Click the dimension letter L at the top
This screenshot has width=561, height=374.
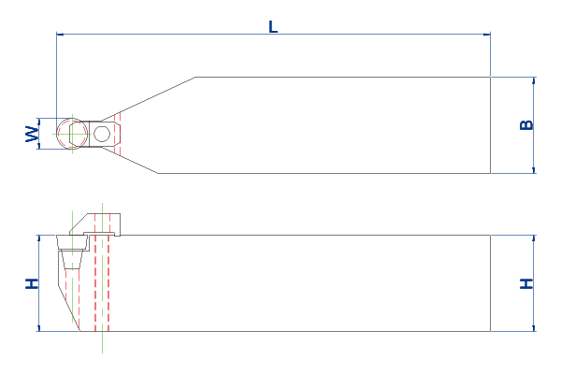coord(273,27)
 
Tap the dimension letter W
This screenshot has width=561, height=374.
coord(32,134)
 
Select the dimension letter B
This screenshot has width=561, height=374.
coord(526,125)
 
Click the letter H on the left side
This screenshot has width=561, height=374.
coord(32,283)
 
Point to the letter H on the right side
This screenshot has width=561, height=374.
coord(526,284)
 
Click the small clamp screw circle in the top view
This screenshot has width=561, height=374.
coord(102,134)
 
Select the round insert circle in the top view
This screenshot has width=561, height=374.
coord(72,134)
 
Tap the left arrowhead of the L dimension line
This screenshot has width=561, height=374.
coord(60,35)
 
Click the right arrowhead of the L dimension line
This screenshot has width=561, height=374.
coord(486,35)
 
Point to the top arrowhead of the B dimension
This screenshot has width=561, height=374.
coord(534,80)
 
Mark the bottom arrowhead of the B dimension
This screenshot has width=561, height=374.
coord(534,170)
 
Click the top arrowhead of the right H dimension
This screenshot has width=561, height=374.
coord(534,238)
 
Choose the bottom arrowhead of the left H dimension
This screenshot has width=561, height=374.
coord(39,328)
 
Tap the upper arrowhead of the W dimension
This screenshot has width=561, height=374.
coord(39,122)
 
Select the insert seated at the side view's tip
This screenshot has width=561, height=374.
coord(72,242)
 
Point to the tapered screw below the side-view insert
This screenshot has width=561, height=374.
coord(72,260)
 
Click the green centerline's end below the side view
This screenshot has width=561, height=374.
coord(102,352)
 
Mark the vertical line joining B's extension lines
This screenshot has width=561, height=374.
coord(534,125)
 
